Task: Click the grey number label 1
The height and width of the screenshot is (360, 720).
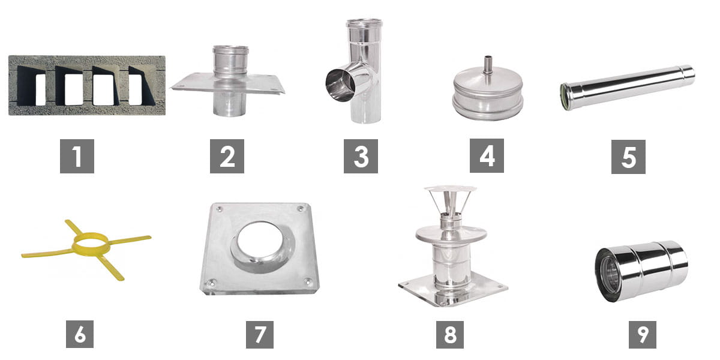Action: point(77,156)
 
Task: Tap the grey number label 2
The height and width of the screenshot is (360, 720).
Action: point(227,156)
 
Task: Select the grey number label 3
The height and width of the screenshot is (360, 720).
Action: point(361,156)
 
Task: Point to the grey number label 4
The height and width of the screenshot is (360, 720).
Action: point(487,156)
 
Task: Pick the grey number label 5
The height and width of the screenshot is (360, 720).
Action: point(628,157)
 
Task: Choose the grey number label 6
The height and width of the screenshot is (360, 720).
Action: point(80,334)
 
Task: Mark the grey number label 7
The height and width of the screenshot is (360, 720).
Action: point(260,335)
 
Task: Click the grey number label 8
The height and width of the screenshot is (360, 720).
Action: point(450,335)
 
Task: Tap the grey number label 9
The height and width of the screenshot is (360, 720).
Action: point(643,335)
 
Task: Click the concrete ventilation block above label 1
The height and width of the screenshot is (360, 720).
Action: point(87,85)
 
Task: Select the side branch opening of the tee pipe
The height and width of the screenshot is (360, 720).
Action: point(340,85)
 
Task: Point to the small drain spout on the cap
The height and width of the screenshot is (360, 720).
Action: point(488,65)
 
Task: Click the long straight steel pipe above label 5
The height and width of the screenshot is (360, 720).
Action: point(627,87)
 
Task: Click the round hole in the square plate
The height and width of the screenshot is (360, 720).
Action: point(260,243)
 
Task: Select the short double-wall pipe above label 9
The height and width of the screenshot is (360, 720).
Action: point(641,271)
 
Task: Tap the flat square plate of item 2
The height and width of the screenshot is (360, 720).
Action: point(228,83)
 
